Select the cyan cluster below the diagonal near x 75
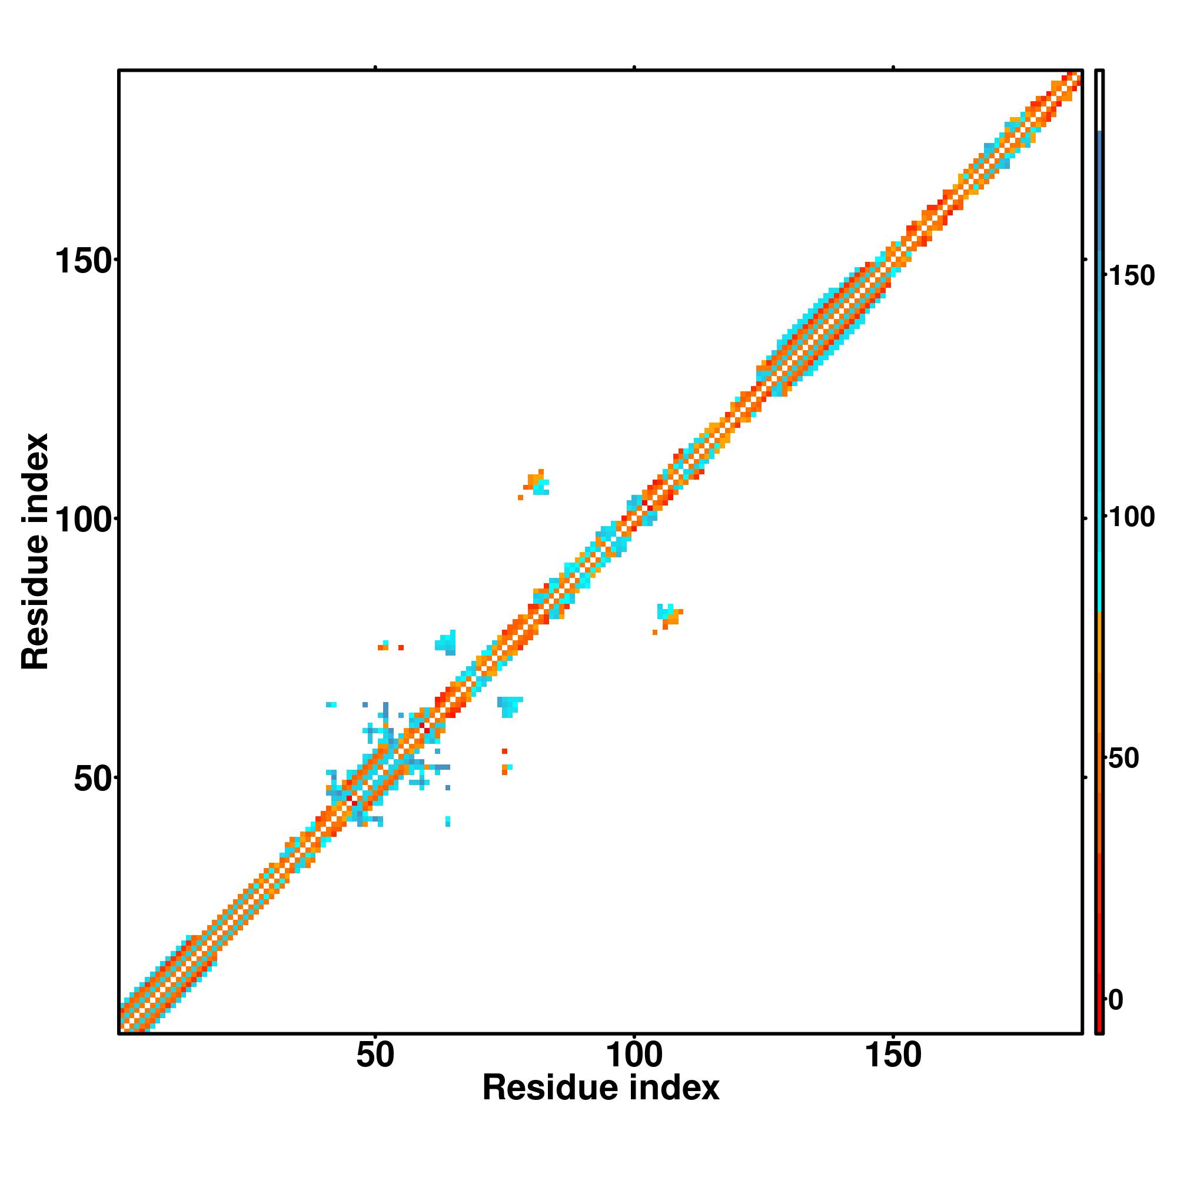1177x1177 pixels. (x=508, y=706)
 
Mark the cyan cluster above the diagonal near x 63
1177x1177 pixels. (x=446, y=643)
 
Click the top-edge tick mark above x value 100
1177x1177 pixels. (x=634, y=68)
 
